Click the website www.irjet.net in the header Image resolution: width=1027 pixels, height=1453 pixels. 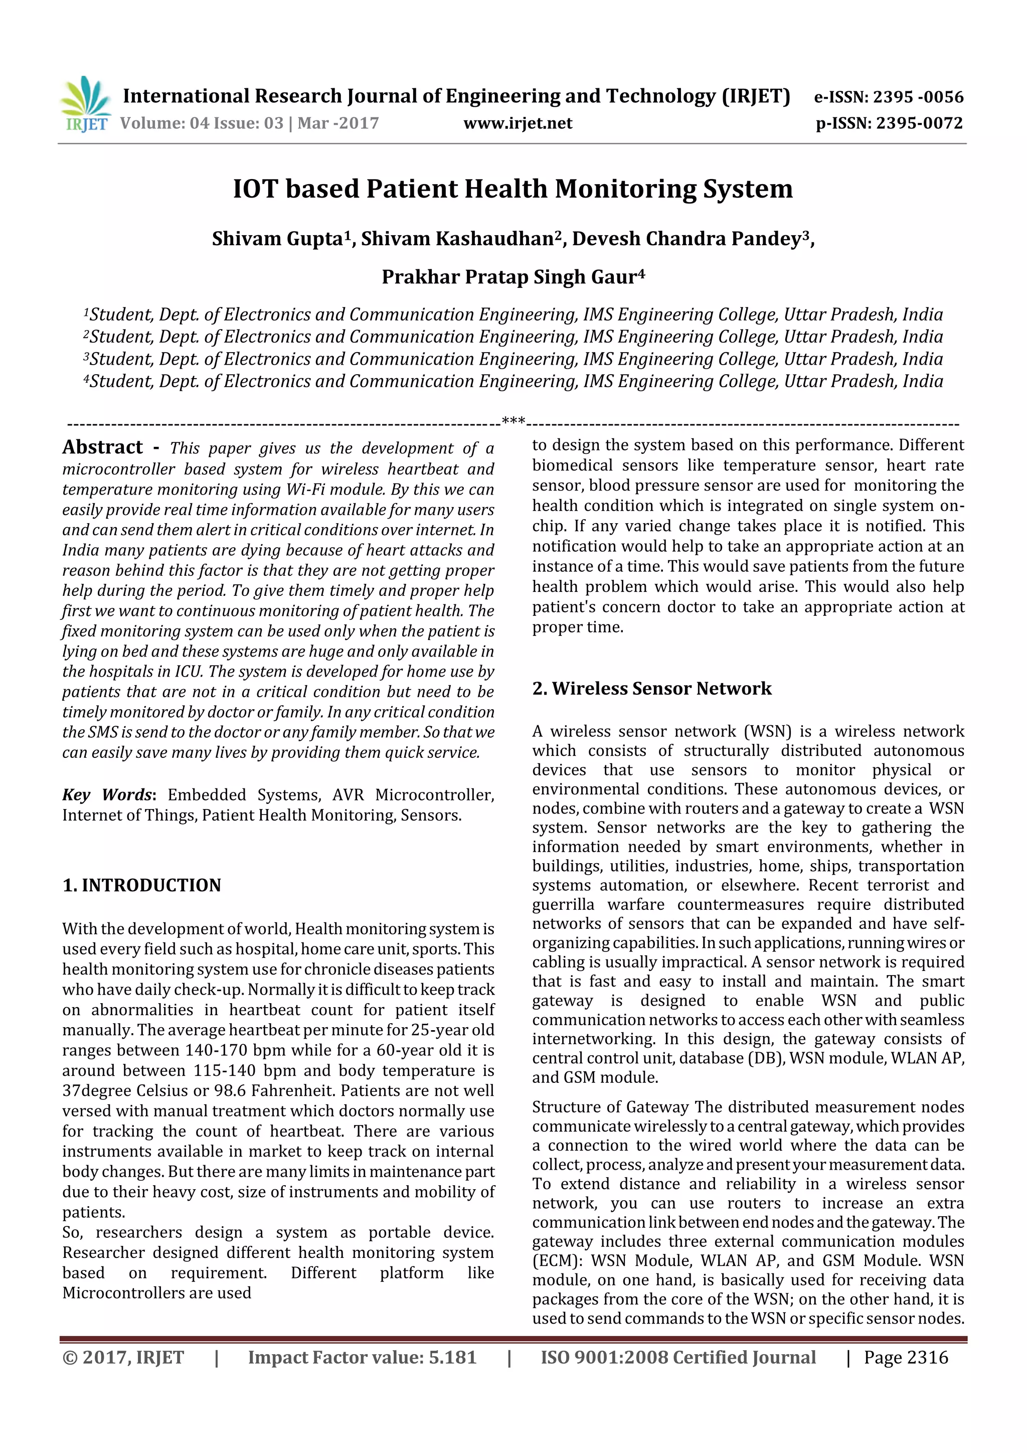coord(517,123)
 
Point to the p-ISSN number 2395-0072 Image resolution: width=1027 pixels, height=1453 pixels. coord(919,123)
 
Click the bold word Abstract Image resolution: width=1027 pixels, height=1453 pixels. coord(102,447)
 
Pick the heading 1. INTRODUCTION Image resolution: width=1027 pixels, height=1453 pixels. coord(142,885)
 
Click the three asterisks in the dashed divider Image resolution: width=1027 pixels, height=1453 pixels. coord(512,421)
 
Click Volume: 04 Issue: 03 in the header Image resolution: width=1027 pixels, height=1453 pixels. coord(201,123)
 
